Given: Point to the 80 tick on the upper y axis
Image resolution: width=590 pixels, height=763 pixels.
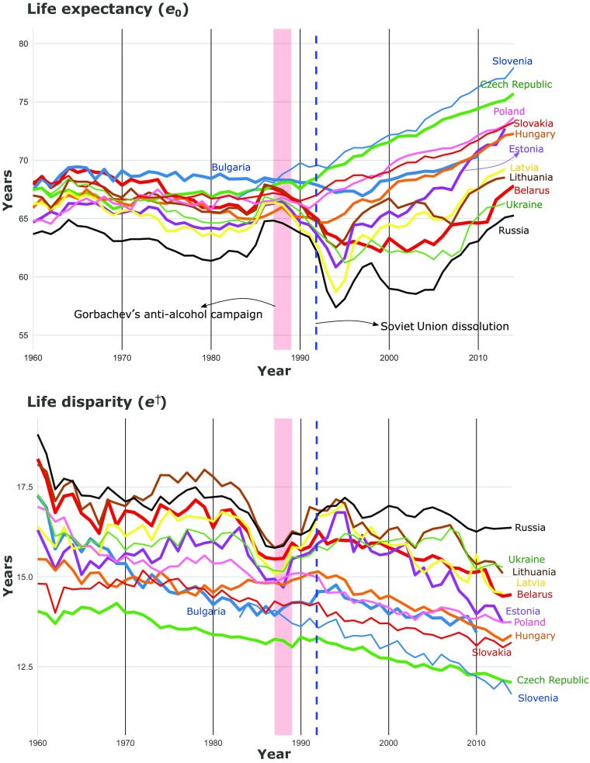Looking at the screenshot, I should pyautogui.click(x=23, y=43).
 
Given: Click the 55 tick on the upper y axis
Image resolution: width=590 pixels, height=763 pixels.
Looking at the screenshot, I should pyautogui.click(x=23, y=335).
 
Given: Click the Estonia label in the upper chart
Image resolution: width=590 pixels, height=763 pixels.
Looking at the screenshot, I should pyautogui.click(x=526, y=149).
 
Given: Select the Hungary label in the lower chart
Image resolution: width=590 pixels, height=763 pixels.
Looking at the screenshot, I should pyautogui.click(x=535, y=636).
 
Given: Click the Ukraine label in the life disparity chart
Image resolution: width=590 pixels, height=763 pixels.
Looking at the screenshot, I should pyautogui.click(x=526, y=559).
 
